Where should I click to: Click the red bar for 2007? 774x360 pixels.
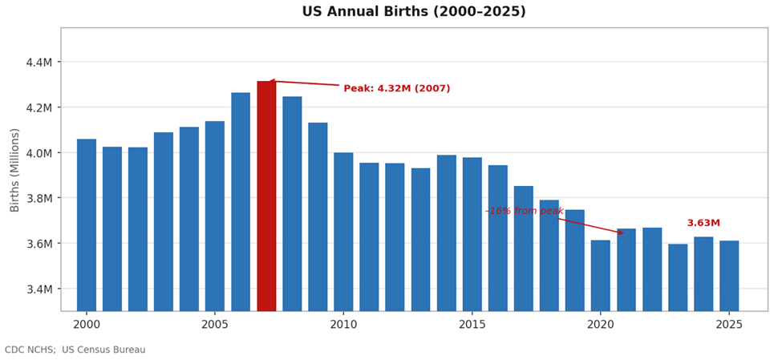[x=266, y=196]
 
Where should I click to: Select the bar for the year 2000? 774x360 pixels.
[x=87, y=224]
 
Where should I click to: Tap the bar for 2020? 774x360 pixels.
[x=600, y=275]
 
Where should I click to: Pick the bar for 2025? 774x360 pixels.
[x=729, y=275]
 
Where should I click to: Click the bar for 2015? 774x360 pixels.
[x=472, y=233]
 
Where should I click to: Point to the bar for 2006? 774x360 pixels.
[x=241, y=201]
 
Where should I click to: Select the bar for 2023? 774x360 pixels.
[x=678, y=277]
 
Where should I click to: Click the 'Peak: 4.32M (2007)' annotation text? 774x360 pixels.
[x=397, y=89]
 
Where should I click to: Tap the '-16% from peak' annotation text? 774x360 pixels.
[x=526, y=211]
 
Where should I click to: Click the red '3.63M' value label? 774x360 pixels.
[x=703, y=223]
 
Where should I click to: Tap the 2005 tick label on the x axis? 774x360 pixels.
[x=215, y=325]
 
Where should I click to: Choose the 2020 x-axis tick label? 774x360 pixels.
[x=600, y=325]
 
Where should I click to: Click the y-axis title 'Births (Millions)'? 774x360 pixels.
[x=15, y=170]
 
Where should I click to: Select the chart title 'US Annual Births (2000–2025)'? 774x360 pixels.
[x=414, y=12]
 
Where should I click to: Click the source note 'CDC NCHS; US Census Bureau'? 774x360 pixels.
[x=75, y=350]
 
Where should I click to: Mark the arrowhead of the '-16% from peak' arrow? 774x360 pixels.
[x=622, y=233]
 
